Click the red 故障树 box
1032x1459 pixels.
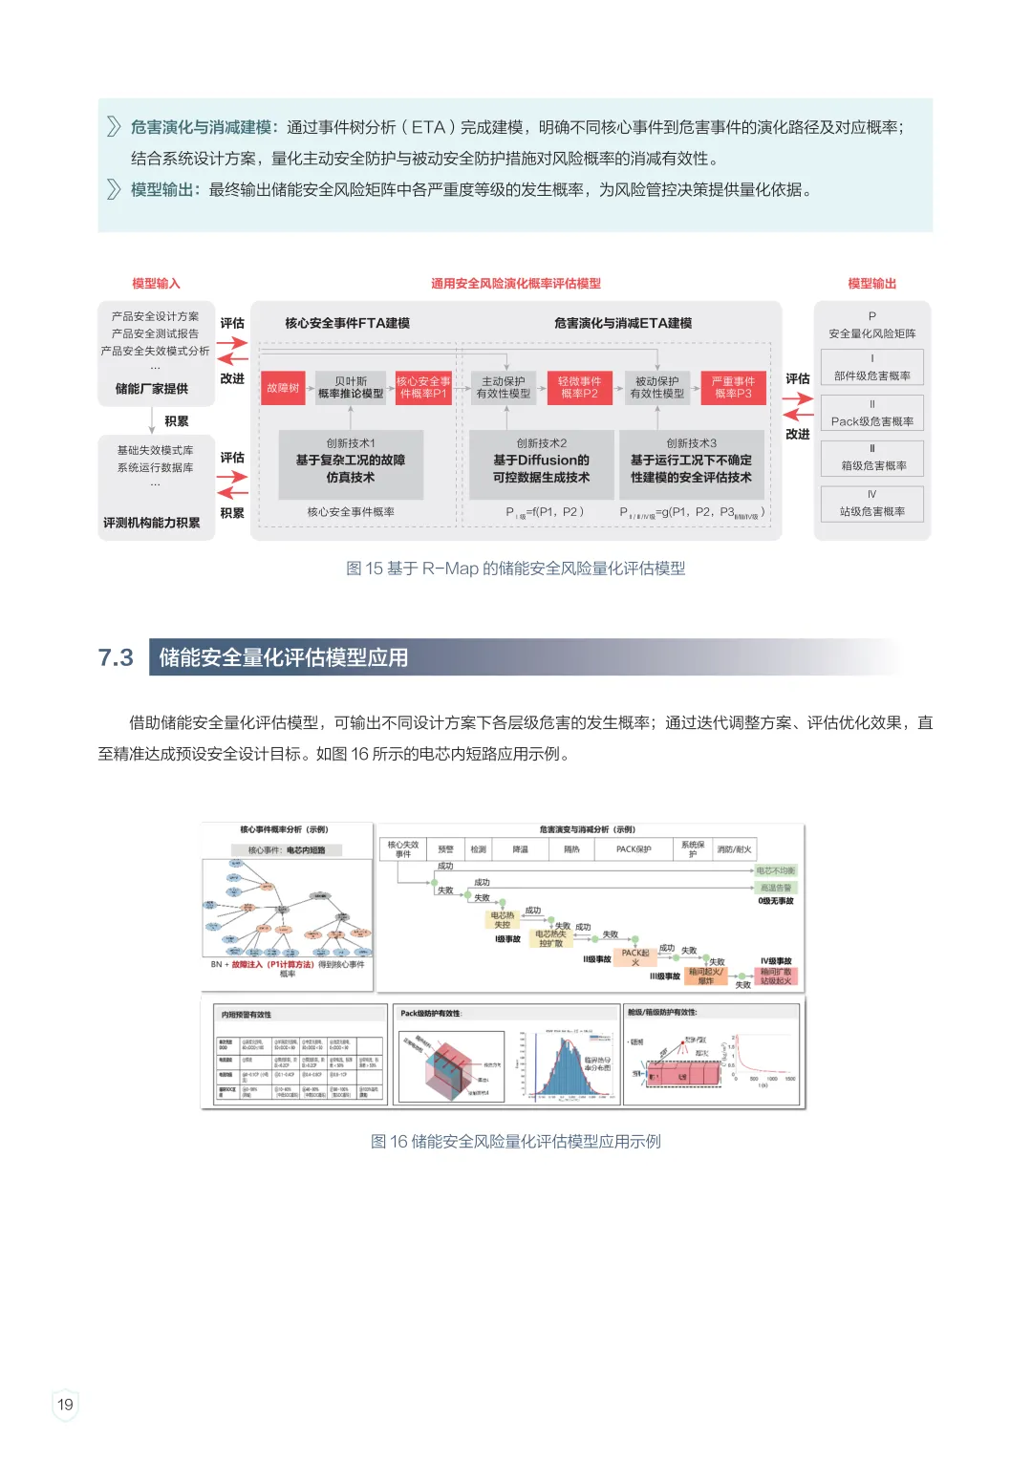pos(283,388)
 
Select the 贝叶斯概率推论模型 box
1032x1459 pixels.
pos(351,388)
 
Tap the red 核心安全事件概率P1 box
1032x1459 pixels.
pos(423,388)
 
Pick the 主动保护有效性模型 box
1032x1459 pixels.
pos(504,388)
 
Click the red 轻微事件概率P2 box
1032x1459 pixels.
pos(579,388)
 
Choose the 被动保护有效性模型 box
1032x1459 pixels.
pos(657,388)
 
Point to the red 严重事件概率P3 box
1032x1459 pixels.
pos(733,388)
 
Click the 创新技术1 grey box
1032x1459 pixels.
pos(351,463)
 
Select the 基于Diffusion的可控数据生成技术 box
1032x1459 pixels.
pos(541,463)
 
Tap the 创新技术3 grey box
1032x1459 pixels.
pos(691,463)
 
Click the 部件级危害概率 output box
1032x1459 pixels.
pos(871,368)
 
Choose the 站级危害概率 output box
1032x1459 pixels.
pos(871,504)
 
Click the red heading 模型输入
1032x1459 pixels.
pos(156,284)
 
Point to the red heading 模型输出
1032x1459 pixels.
pos(871,284)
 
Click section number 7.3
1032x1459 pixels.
pos(116,657)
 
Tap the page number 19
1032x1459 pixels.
pos(65,1405)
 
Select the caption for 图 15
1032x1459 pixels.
pos(515,569)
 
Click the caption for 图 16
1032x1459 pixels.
pos(515,1142)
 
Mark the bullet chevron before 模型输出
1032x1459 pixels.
pos(114,189)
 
